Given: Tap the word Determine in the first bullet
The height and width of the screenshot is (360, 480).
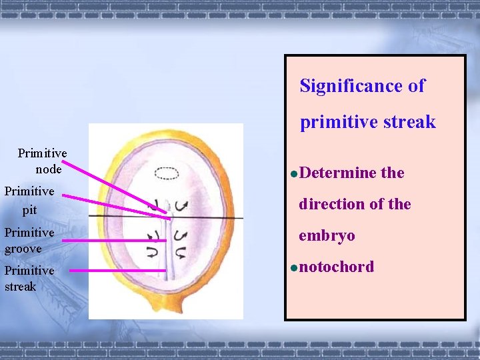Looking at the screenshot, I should tap(338, 173).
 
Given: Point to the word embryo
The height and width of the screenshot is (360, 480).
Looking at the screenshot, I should tap(327, 235).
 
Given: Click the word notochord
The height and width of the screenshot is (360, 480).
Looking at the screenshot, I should tap(337, 267).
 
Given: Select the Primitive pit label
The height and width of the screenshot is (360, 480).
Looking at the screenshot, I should tap(29, 200).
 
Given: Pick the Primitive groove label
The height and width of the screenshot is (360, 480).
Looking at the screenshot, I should tap(29, 240).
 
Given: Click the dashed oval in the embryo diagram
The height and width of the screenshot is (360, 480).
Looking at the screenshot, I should tap(166, 173).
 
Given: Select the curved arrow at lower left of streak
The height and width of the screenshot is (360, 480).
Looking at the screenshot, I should tap(153, 251).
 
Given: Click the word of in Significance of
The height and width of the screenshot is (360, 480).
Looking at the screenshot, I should tap(417, 86).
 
